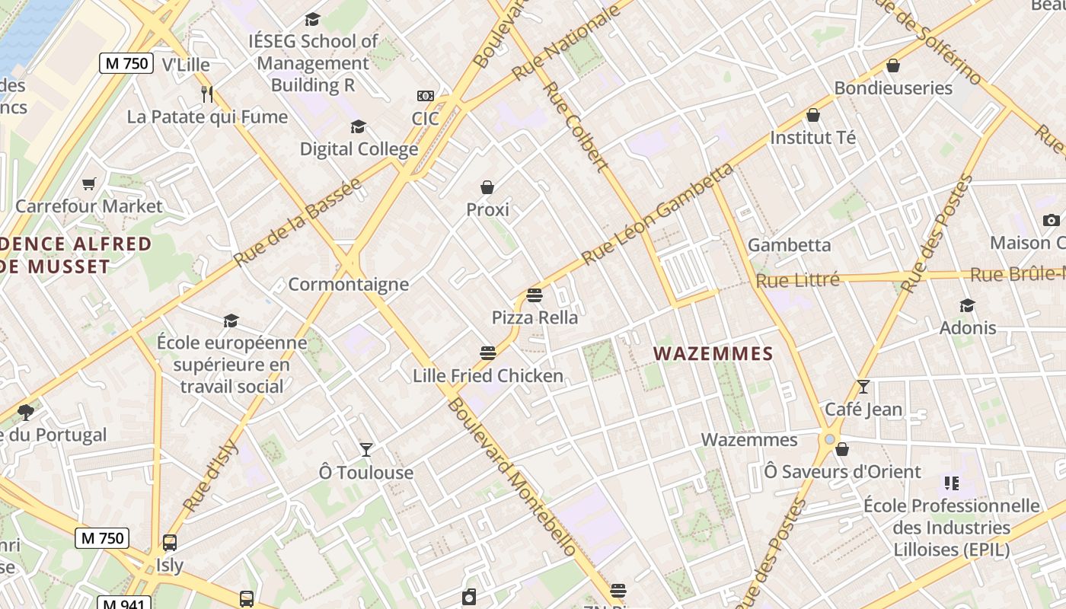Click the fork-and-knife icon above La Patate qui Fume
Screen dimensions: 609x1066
pyautogui.click(x=206, y=94)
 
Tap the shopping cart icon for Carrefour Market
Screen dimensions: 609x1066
pyautogui.click(x=89, y=183)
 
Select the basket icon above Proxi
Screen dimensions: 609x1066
pyautogui.click(x=487, y=187)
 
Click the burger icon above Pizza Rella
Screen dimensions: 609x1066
pyautogui.click(x=535, y=295)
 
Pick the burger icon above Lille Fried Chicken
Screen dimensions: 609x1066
pyautogui.click(x=488, y=352)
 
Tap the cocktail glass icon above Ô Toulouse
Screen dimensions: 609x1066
pyautogui.click(x=366, y=450)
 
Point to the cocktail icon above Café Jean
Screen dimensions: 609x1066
pyautogui.click(x=863, y=387)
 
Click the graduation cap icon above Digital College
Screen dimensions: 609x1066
pyautogui.click(x=358, y=126)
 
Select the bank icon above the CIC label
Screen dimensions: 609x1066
pyautogui.click(x=426, y=96)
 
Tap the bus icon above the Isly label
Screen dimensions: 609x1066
pyautogui.click(x=170, y=543)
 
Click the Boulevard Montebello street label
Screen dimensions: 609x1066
pyautogui.click(x=512, y=476)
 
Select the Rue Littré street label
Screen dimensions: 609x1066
pyautogui.click(x=797, y=280)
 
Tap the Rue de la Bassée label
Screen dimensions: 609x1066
pyautogui.click(x=297, y=222)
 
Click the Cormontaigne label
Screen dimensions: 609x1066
pyautogui.click(x=348, y=285)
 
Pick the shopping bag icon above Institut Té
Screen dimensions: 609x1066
pyautogui.click(x=813, y=116)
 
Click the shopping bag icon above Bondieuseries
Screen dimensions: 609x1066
pyautogui.click(x=893, y=65)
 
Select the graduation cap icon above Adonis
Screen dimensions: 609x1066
pyautogui.click(x=967, y=305)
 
